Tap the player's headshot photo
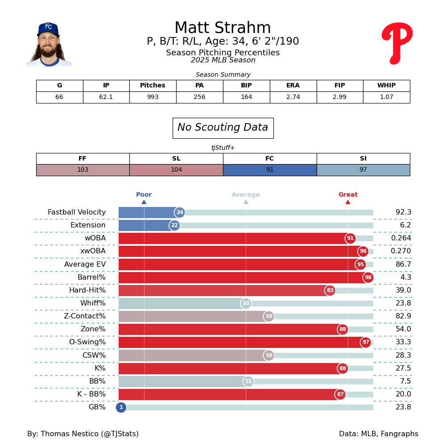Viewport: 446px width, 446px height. click(49, 45)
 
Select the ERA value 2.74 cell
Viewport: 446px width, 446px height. click(293, 97)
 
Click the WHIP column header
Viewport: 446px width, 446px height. click(386, 86)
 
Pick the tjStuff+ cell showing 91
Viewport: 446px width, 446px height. click(269, 170)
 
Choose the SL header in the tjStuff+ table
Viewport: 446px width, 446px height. click(176, 159)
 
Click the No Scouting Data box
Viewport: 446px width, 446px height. click(223, 128)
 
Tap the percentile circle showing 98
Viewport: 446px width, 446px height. click(368, 277)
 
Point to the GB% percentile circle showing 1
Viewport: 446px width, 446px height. click(121, 407)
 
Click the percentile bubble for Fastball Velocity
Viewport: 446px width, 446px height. click(180, 212)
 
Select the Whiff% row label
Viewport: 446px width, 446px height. click(93, 303)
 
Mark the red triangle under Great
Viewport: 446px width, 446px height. click(348, 202)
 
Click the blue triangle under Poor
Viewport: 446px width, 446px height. click(144, 202)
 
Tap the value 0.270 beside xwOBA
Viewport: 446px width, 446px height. click(401, 251)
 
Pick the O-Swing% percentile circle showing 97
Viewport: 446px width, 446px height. click(366, 342)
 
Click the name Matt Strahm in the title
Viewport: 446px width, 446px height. click(223, 28)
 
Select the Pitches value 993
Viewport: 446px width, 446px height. click(153, 97)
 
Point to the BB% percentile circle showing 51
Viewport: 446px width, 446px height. click(248, 381)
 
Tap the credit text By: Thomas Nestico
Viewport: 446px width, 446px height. click(83, 434)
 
